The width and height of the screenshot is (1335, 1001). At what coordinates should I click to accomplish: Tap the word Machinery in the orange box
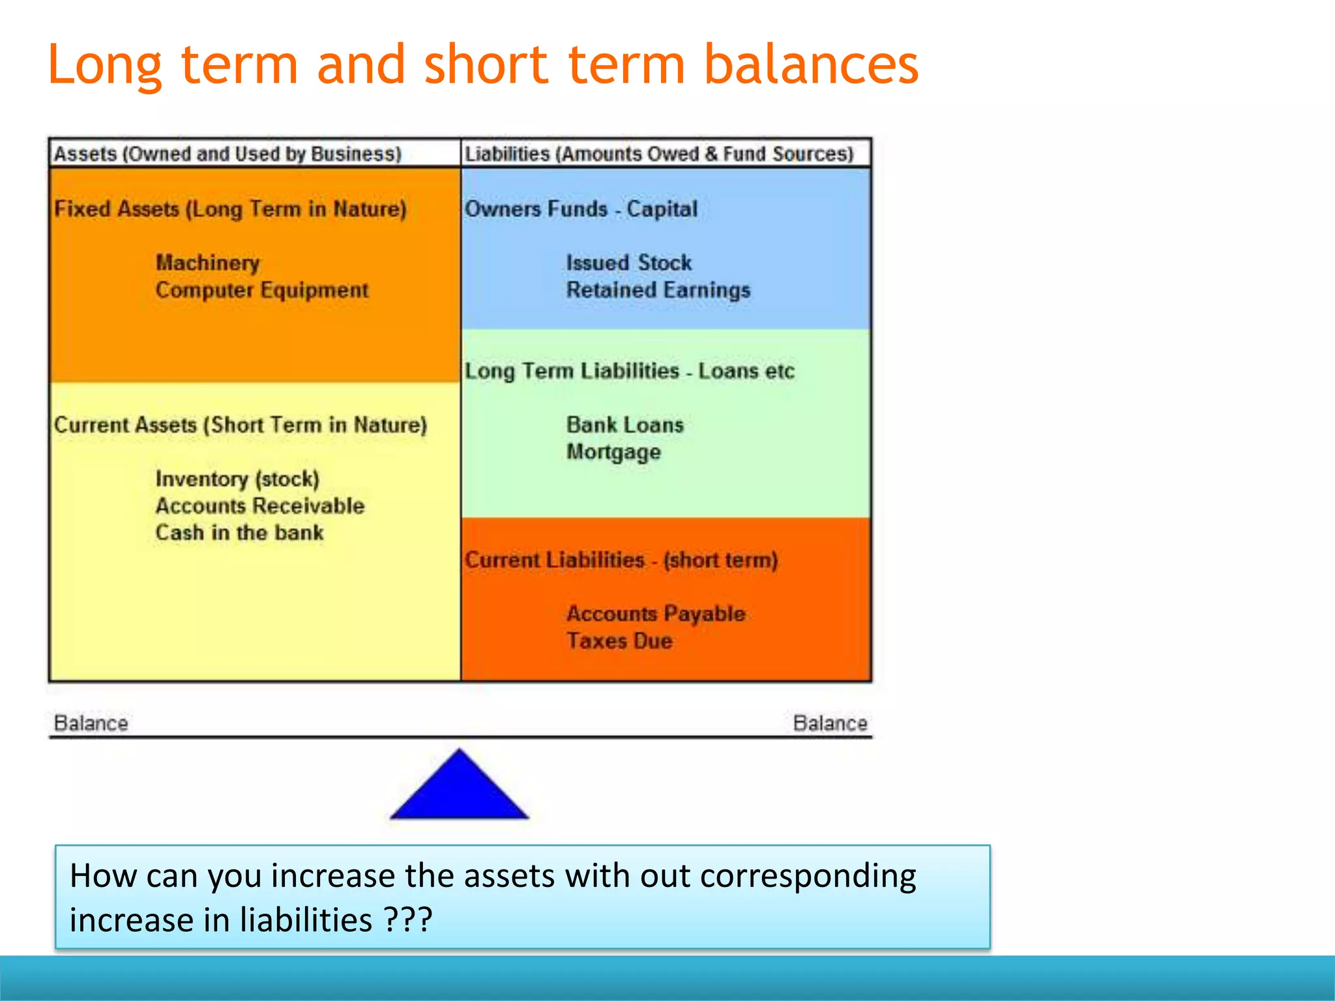[x=207, y=263]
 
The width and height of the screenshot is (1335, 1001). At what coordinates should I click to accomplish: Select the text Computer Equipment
[x=261, y=290]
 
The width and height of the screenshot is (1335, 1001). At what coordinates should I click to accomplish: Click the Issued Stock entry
[x=628, y=263]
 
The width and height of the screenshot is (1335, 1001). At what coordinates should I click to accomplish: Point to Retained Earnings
[x=658, y=290]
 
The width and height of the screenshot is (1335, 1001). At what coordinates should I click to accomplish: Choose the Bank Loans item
[x=624, y=425]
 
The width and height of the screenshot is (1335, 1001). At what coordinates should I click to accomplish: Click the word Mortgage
[x=613, y=452]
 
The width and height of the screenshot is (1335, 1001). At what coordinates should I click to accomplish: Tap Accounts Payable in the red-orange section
[x=655, y=613]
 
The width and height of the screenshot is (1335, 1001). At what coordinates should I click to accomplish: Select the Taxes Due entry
[x=619, y=641]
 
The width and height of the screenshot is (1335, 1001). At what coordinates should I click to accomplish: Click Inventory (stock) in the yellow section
[x=237, y=479]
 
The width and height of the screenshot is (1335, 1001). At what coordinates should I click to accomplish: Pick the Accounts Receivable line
[x=259, y=506]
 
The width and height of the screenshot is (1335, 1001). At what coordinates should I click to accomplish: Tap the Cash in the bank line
[x=239, y=532]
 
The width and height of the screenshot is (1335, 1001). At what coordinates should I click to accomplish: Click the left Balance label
[x=91, y=723]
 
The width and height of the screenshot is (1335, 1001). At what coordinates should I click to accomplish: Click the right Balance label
[x=830, y=723]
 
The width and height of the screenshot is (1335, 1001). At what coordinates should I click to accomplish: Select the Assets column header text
[x=227, y=154]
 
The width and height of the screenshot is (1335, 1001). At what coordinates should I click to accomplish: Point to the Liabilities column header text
[x=658, y=154]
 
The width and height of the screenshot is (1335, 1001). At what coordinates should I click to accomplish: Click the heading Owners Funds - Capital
[x=580, y=209]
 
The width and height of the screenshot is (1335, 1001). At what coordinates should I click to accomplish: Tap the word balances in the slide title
[x=811, y=65]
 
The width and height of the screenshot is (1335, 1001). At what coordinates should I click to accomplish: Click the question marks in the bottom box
[x=407, y=920]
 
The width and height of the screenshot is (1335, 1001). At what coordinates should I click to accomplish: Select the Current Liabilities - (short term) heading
[x=621, y=560]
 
